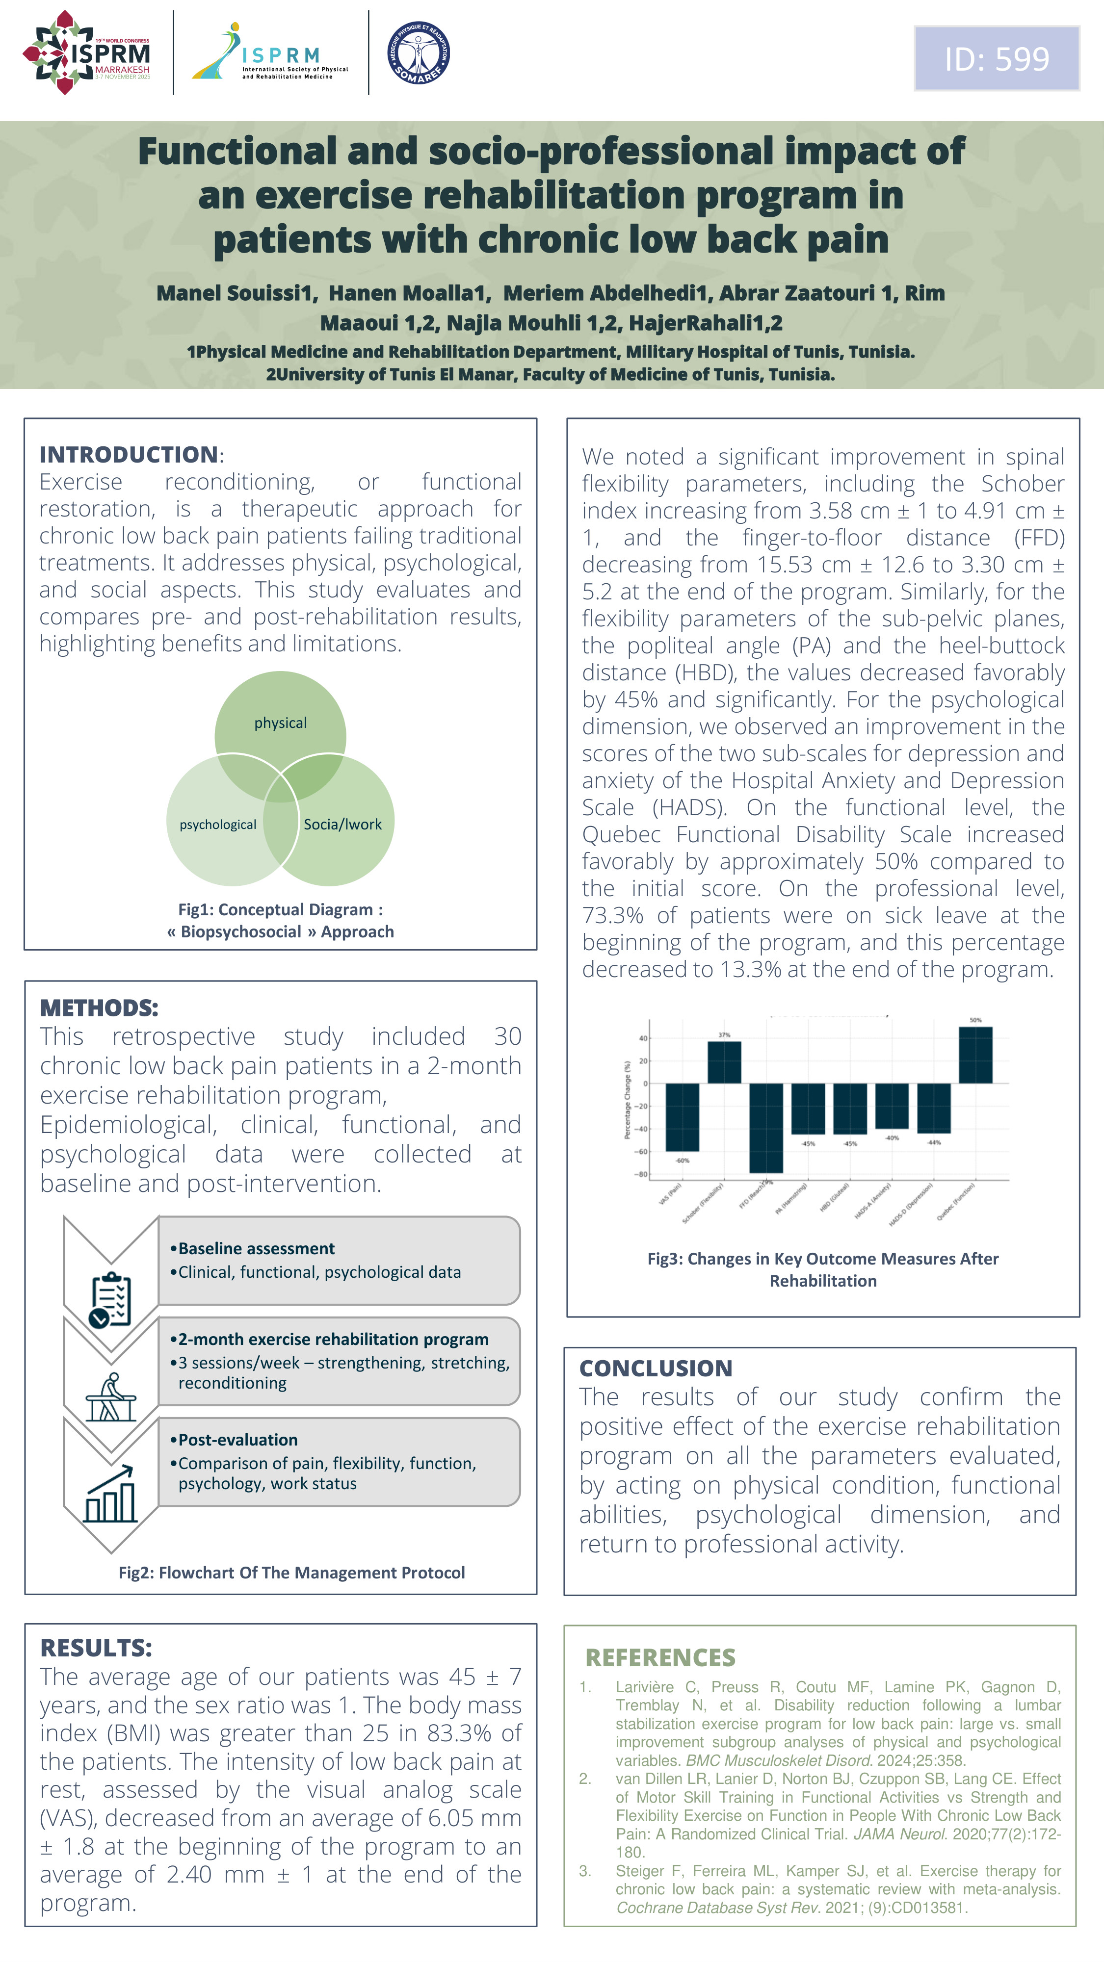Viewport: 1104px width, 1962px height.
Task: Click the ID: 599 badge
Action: click(x=997, y=59)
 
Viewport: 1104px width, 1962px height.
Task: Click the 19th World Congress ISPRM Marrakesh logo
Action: click(x=87, y=52)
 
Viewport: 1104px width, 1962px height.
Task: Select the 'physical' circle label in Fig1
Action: click(x=280, y=723)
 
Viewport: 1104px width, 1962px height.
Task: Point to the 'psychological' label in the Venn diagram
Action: click(x=218, y=825)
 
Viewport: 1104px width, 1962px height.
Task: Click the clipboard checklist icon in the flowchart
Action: click(x=110, y=1300)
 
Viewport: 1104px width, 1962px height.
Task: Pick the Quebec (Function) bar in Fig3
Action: click(x=975, y=1055)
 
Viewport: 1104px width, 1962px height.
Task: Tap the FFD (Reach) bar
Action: click(x=766, y=1127)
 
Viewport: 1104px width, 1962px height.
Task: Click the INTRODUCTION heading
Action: click(x=129, y=455)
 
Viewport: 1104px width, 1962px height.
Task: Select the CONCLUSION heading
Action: click(x=655, y=1368)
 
